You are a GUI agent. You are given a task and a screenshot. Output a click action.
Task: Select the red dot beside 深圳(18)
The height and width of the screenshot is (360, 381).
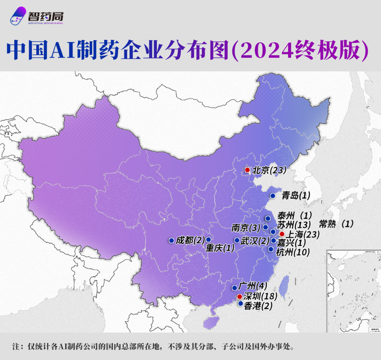click(x=240, y=297)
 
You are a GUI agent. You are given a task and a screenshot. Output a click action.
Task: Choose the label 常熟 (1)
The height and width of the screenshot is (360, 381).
click(x=337, y=224)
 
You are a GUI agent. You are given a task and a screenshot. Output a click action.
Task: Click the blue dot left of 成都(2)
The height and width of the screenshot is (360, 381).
click(x=171, y=240)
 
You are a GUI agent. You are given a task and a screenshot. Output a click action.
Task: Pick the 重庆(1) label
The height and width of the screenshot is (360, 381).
click(x=220, y=248)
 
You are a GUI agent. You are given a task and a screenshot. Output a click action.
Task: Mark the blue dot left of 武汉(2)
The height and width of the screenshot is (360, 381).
click(x=237, y=240)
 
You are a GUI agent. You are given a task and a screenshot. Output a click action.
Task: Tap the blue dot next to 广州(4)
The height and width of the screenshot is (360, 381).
click(x=235, y=288)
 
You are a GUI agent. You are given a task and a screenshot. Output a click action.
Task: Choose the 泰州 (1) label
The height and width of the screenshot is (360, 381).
click(x=294, y=216)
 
